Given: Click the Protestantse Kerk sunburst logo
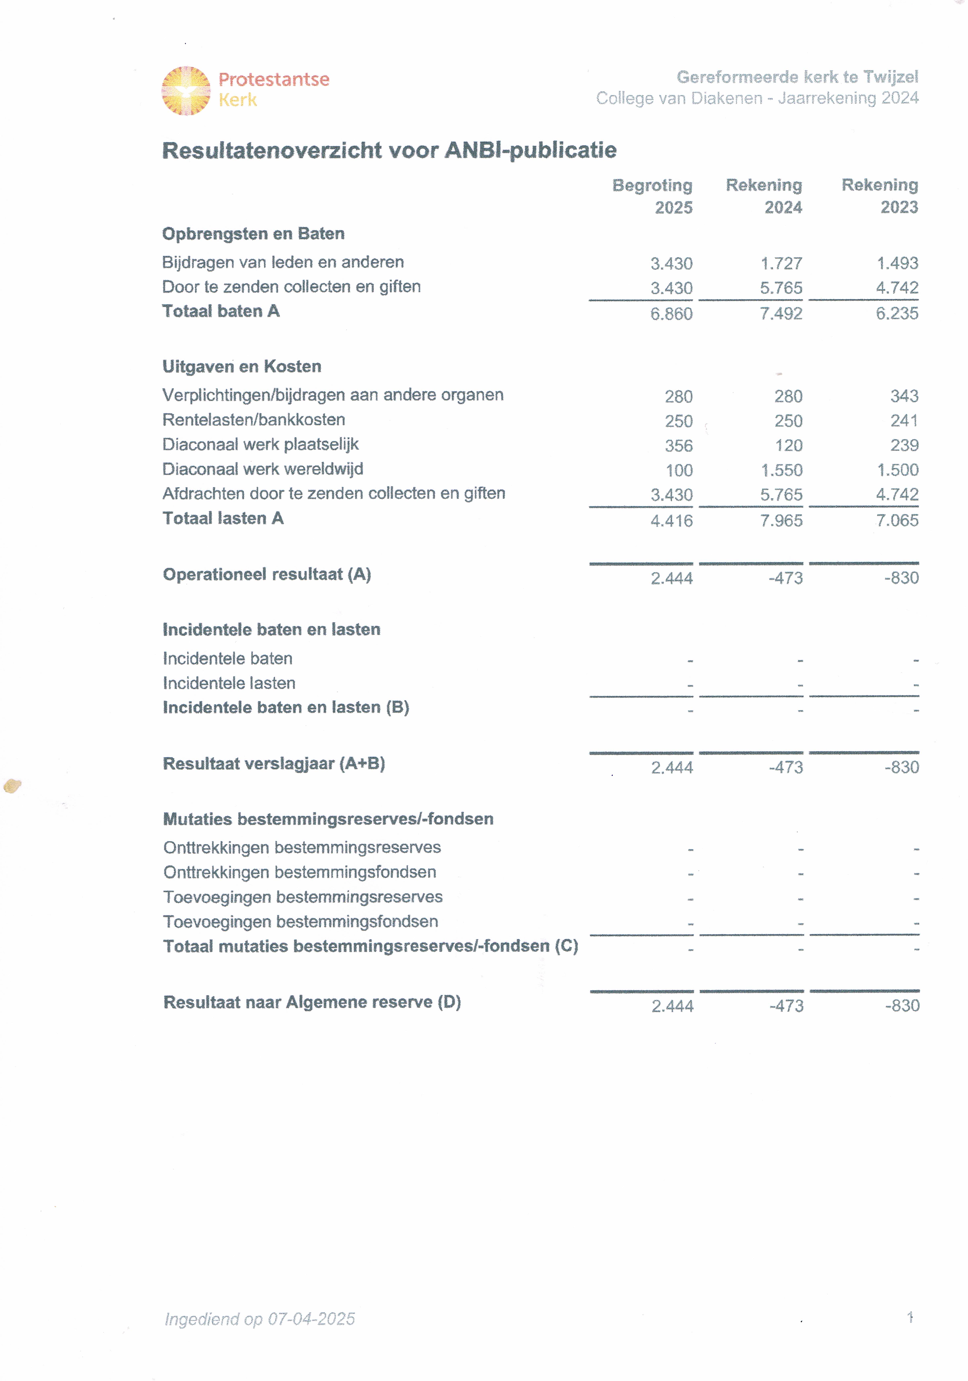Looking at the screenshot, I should coord(186,91).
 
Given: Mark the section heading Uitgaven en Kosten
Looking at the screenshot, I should coord(242,366).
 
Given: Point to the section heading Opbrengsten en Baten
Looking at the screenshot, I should coord(253,233).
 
